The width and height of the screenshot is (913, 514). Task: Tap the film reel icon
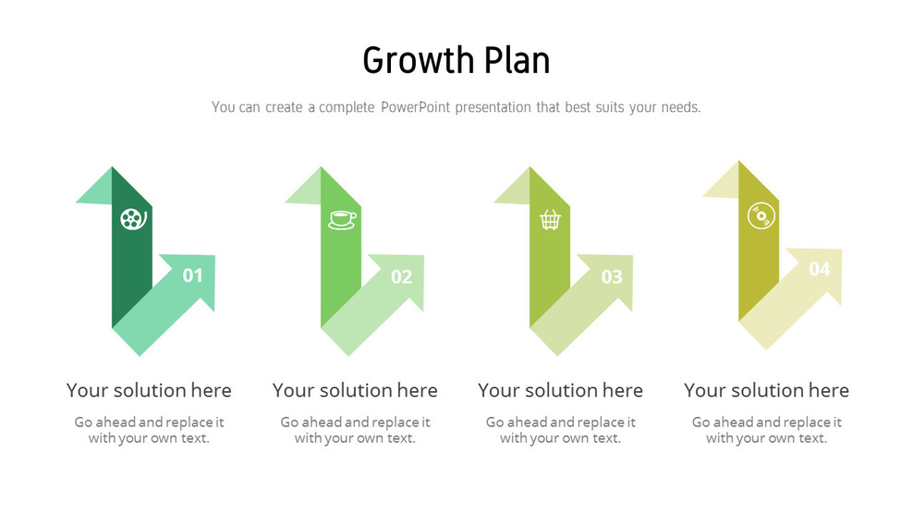[132, 219]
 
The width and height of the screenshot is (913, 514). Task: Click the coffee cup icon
[341, 219]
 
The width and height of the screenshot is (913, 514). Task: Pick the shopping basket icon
[550, 219]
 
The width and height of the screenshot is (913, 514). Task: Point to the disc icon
[760, 214]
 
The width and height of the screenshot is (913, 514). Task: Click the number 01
[192, 275]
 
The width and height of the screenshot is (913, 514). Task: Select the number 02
[401, 276]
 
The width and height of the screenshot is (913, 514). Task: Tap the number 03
[611, 276]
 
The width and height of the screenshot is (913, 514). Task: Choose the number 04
[820, 270]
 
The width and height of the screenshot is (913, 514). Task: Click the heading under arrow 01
[149, 390]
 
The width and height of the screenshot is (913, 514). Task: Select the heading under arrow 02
[355, 390]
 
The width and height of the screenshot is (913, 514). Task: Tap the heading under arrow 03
[560, 390]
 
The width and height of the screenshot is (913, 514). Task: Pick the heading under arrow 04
[766, 390]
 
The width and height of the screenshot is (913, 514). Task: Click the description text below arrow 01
[149, 430]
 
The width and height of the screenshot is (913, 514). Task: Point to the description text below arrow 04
[766, 430]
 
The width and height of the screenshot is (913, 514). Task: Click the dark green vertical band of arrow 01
[131, 268]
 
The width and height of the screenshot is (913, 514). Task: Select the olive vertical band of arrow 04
[758, 268]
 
